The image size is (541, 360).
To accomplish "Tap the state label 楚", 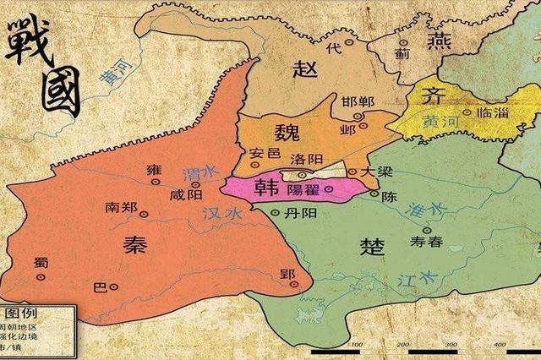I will pyautogui.click(x=372, y=246).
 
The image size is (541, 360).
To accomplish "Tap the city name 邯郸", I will pyautogui.click(x=357, y=104).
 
